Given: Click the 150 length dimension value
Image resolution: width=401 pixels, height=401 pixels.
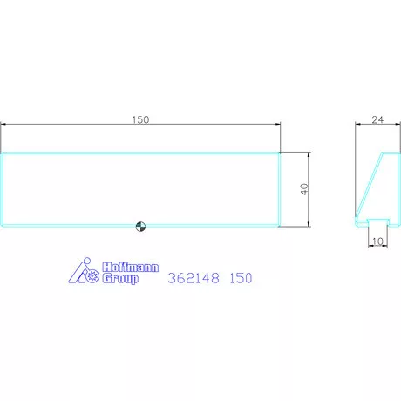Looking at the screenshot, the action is point(140,119).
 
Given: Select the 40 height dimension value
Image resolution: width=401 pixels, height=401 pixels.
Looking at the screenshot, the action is point(304,189).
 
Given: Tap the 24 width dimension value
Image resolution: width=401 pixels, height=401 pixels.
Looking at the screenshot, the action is point(377,119).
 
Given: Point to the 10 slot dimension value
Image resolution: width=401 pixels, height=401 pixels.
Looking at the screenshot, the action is point(377,241).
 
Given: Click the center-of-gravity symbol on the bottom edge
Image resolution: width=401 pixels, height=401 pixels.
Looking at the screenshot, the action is point(140,227).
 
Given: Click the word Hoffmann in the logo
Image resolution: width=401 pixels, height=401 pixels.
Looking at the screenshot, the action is point(131,268).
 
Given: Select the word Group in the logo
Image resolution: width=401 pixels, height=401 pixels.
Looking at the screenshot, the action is point(120,278).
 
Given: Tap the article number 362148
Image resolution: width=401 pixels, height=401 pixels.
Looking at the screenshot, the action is point(194,278).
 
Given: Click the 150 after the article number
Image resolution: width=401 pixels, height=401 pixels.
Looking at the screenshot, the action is point(241,278).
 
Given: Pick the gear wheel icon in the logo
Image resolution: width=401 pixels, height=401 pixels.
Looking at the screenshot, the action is point(93,276).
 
